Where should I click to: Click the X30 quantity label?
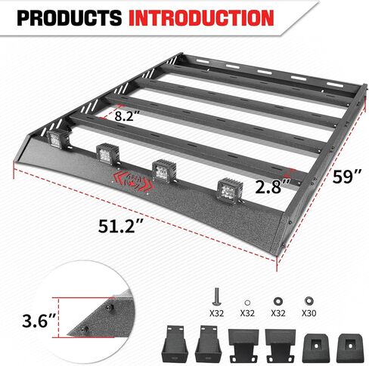click(309, 310)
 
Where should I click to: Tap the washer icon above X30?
click(309, 295)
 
